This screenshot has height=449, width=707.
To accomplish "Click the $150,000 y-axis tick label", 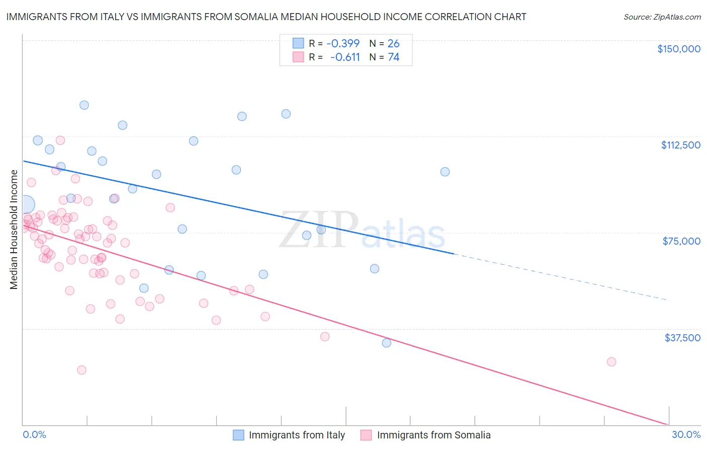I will [678, 49].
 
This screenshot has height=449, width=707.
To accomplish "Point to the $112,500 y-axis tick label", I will [680, 145].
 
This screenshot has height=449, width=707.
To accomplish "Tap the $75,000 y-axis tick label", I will [681, 241].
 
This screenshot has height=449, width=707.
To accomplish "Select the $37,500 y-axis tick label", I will [682, 338].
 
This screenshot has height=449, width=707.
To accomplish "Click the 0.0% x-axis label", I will [34, 434].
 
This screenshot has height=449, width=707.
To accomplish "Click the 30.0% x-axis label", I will [686, 434].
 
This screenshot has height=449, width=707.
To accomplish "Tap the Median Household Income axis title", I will [14, 230].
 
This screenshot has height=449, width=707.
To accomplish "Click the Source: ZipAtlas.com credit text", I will [662, 17].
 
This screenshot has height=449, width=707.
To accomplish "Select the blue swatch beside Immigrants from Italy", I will [238, 435].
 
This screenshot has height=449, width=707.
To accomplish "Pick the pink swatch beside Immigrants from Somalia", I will [366, 435].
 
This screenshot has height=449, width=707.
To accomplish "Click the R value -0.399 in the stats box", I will [343, 43].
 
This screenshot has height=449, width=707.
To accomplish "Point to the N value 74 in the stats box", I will [393, 57].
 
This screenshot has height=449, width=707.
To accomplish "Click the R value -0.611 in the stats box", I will [345, 57].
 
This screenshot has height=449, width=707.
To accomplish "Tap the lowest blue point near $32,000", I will [386, 343].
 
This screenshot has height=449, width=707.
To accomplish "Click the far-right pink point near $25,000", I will [611, 361].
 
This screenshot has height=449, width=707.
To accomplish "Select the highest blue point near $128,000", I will [84, 105].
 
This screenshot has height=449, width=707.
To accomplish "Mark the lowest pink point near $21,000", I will [81, 370].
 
